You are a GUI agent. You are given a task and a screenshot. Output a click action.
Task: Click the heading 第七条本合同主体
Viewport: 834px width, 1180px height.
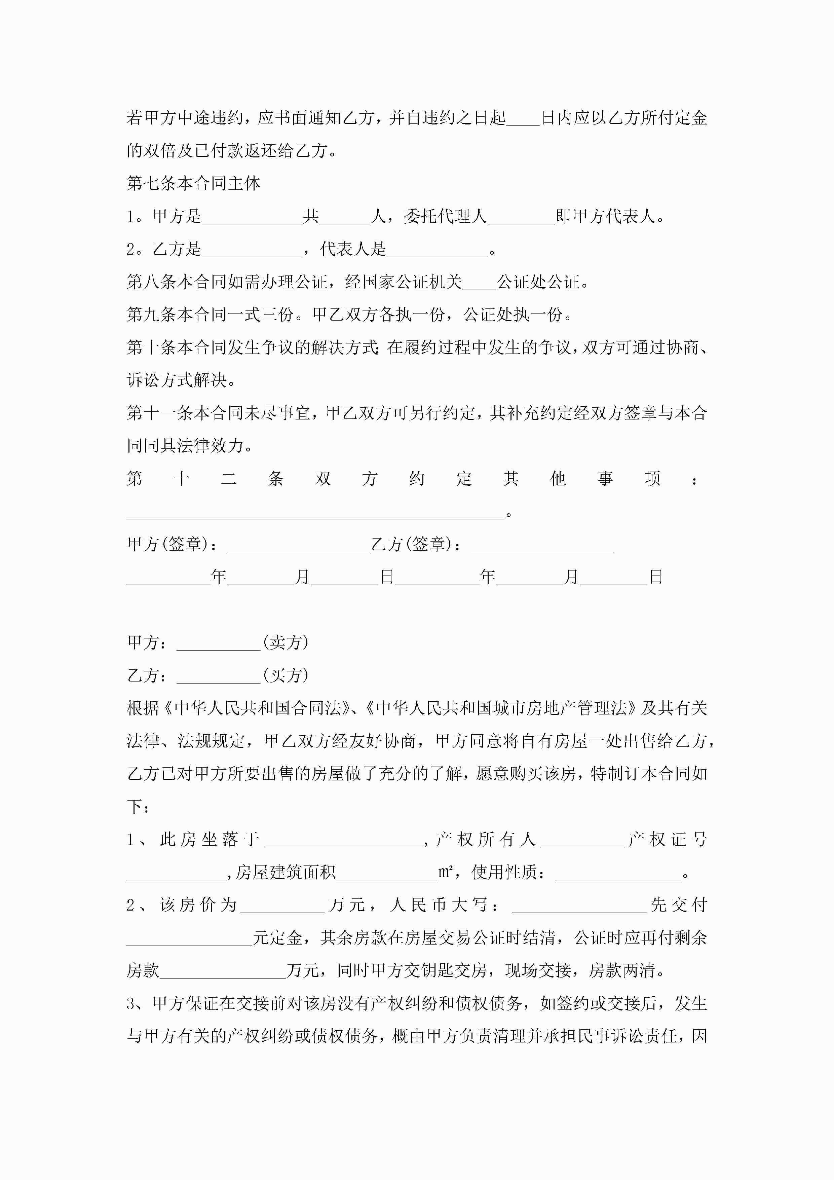[193, 183]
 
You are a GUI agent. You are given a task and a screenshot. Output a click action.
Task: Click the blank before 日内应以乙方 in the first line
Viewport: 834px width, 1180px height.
[523, 119]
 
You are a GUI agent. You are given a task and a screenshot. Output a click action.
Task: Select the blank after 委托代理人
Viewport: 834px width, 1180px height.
[521, 217]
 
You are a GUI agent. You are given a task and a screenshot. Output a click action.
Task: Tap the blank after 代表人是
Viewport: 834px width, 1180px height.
[437, 250]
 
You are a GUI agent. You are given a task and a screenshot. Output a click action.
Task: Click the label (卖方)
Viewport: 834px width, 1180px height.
[286, 642]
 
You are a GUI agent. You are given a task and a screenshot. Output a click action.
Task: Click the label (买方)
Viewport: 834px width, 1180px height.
[286, 675]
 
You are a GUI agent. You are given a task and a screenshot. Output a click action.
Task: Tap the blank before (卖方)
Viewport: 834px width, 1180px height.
[218, 643]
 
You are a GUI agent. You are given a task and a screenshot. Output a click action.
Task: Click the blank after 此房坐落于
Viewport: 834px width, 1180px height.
[343, 840]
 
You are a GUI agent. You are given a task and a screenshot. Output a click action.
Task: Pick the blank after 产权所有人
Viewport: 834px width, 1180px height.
[582, 840]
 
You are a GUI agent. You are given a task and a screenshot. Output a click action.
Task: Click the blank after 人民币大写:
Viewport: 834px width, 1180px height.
[579, 906]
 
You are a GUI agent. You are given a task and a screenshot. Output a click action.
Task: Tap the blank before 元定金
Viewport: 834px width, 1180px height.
[189, 938]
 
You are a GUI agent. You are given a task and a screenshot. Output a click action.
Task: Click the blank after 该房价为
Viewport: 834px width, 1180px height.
[282, 906]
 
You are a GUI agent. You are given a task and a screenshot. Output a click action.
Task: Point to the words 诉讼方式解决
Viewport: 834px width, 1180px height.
[177, 380]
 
